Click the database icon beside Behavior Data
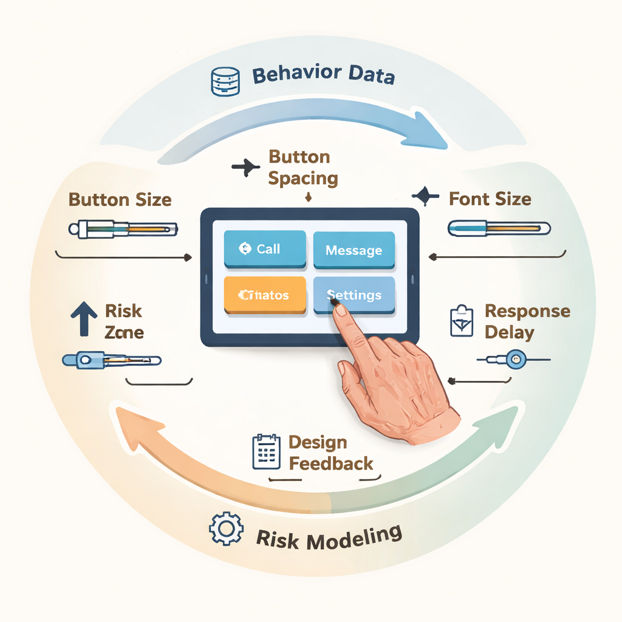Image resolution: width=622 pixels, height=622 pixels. pyautogui.click(x=223, y=81)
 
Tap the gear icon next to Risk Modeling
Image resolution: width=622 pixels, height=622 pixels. pyautogui.click(x=226, y=528)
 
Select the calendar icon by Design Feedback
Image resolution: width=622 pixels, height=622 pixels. pyautogui.click(x=265, y=451)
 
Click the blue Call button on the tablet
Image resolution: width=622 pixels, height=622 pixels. pyautogui.click(x=264, y=249)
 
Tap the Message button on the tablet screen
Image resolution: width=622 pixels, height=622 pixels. pyautogui.click(x=354, y=250)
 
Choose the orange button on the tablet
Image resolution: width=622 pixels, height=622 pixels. pyautogui.click(x=264, y=295)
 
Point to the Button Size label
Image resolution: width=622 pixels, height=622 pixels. pyautogui.click(x=120, y=199)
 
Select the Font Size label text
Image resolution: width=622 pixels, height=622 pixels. pyautogui.click(x=490, y=199)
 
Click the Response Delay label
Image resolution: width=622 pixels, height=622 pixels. pyautogui.click(x=527, y=322)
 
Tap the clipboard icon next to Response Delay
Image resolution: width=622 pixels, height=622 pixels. pyautogui.click(x=461, y=320)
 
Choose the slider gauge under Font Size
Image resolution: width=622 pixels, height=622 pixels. pyautogui.click(x=499, y=228)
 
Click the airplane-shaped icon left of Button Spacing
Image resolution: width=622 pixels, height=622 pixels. pyautogui.click(x=245, y=167)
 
